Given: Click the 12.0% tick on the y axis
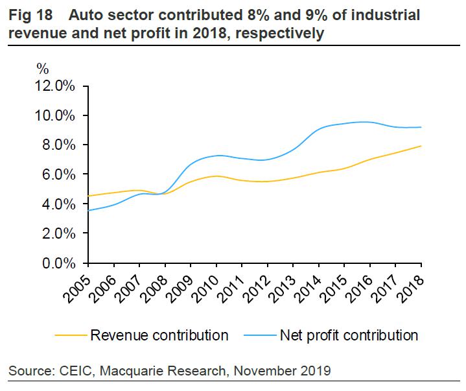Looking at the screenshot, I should (x=56, y=86).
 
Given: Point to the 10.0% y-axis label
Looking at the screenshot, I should (x=56, y=115).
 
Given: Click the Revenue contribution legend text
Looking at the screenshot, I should (x=159, y=335).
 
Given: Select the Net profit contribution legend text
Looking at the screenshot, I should (x=349, y=335).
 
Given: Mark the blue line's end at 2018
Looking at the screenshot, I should (x=422, y=127).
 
